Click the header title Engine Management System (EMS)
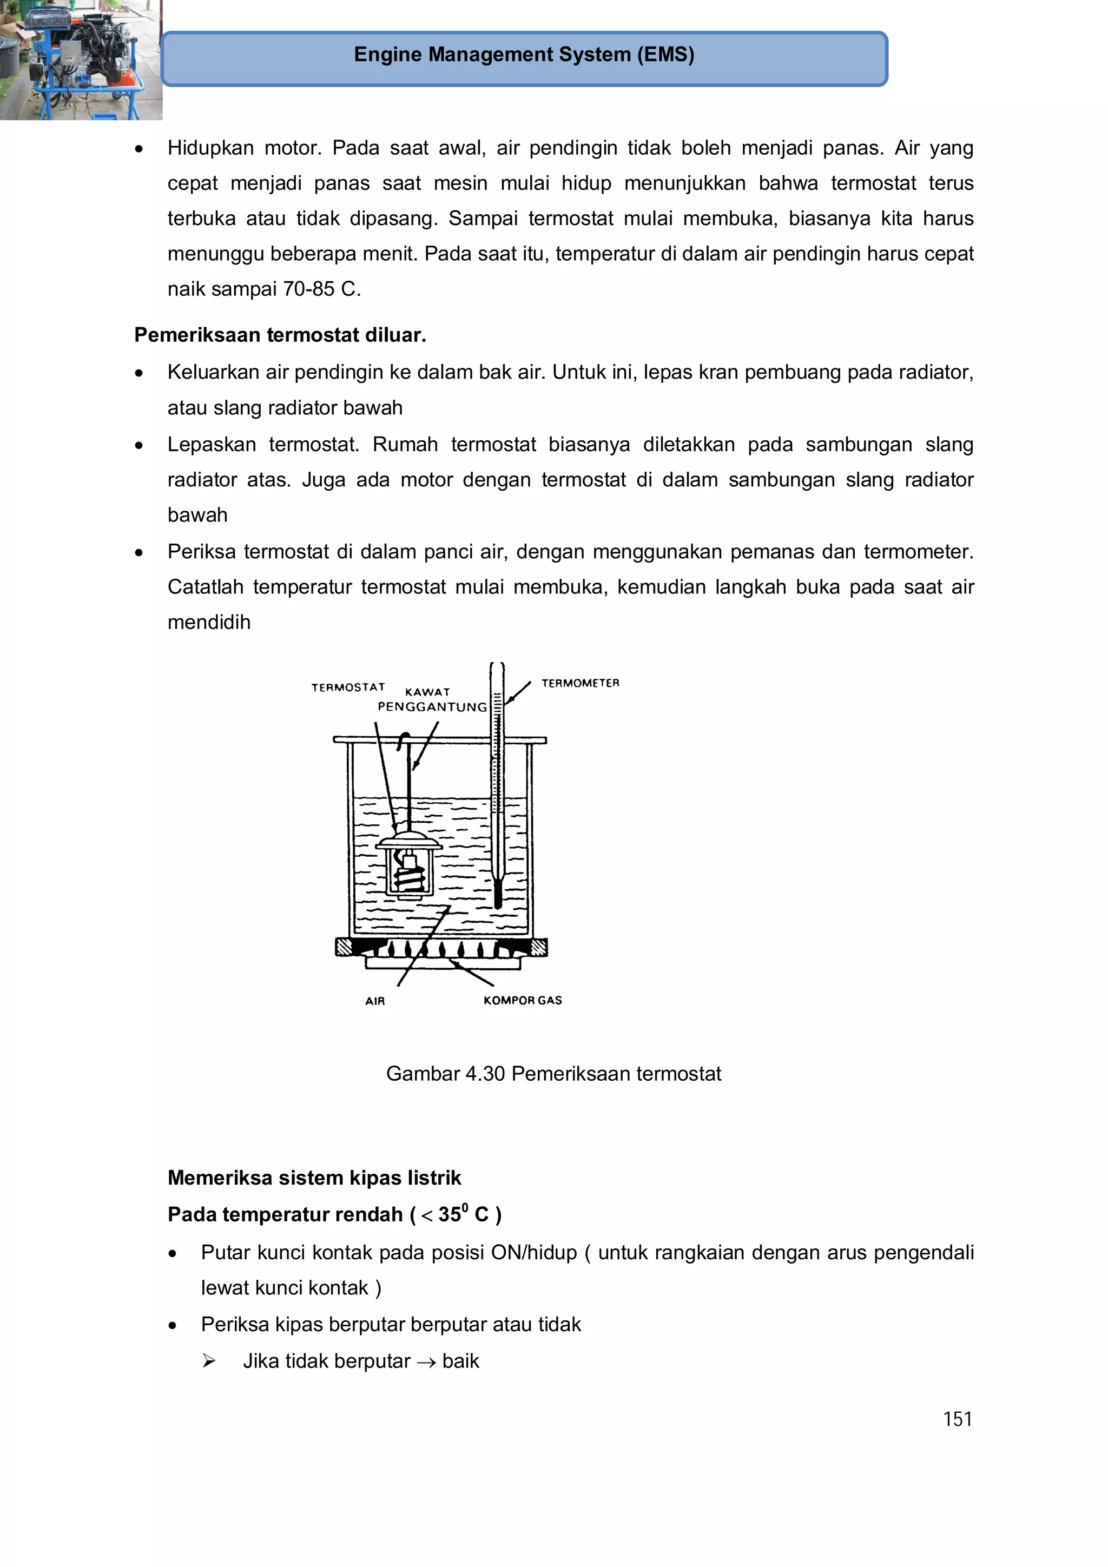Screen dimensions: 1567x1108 click(x=524, y=55)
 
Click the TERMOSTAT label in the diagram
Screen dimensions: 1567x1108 click(x=348, y=687)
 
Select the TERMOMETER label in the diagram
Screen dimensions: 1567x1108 click(x=581, y=683)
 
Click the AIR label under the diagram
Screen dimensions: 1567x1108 click(x=375, y=1001)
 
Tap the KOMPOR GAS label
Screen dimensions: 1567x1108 click(x=522, y=1001)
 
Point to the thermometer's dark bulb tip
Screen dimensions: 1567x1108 click(x=498, y=895)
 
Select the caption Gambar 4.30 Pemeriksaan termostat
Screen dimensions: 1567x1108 click(x=553, y=1074)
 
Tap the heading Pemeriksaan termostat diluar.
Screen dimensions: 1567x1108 click(x=280, y=335)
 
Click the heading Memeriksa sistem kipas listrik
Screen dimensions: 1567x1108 click(x=314, y=1178)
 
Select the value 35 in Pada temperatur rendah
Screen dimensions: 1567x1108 click(x=450, y=1215)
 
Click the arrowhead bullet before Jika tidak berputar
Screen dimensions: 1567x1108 click(x=209, y=1361)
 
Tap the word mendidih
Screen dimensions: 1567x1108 click(x=209, y=623)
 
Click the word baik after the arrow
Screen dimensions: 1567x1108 click(x=461, y=1361)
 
